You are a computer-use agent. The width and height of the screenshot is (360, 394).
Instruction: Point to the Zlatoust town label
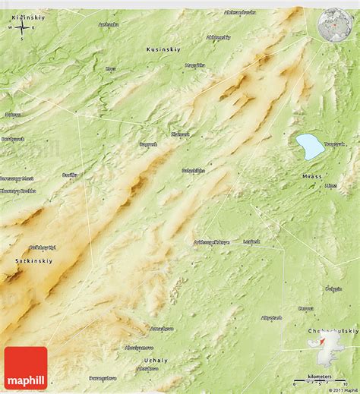(x=180, y=134)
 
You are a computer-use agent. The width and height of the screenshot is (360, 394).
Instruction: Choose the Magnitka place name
(x=195, y=65)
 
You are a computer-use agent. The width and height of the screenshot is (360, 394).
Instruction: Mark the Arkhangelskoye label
(x=210, y=242)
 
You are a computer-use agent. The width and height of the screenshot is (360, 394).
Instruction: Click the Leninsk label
(x=251, y=241)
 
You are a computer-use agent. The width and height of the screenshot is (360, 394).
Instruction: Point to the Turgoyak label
(x=335, y=142)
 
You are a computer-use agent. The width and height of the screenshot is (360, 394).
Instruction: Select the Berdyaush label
(x=13, y=139)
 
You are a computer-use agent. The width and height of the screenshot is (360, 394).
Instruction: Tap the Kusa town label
(x=111, y=68)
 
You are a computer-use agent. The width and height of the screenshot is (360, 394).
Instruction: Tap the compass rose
(x=23, y=28)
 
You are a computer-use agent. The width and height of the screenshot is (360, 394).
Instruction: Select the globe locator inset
(x=334, y=24)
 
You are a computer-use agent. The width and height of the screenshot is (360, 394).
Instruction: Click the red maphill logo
(x=26, y=367)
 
